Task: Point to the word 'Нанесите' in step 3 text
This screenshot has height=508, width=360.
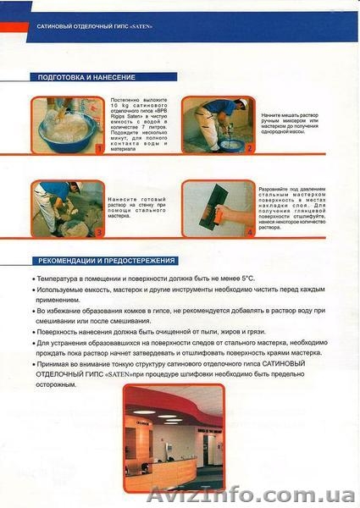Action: point(123,200)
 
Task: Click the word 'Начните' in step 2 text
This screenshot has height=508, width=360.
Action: point(274,113)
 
